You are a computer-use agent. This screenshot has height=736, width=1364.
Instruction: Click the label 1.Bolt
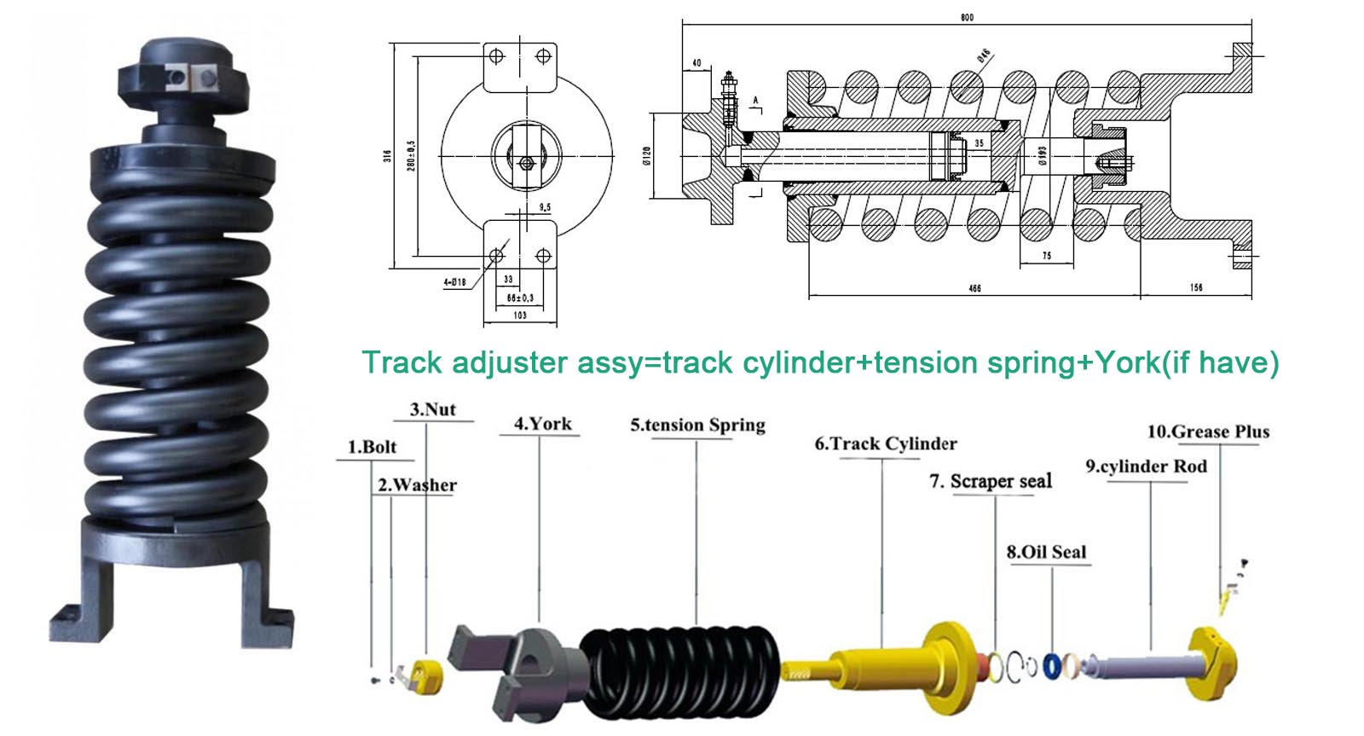[x=372, y=447]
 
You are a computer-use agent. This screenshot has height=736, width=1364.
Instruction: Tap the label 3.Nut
[x=432, y=409]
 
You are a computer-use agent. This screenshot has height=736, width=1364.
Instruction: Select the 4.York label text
[x=542, y=424]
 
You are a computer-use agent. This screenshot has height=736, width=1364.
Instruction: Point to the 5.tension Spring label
[x=697, y=425]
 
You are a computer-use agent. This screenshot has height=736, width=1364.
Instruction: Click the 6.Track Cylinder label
[x=885, y=443]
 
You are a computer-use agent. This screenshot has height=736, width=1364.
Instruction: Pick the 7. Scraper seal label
[x=990, y=481]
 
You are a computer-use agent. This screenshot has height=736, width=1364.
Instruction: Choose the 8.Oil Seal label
[x=1046, y=552]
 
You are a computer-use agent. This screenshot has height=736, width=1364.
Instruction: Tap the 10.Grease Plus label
[x=1207, y=432]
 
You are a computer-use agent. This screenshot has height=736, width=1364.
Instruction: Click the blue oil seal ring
[x=1054, y=666]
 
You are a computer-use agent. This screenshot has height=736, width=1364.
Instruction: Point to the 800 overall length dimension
[x=966, y=18]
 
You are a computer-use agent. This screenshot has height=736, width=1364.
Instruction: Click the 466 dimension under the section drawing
[x=974, y=288]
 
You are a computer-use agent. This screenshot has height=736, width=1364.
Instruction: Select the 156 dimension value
[x=1196, y=287]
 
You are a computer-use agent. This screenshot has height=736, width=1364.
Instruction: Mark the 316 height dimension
[x=388, y=156]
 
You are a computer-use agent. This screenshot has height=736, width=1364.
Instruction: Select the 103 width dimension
[x=519, y=315]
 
